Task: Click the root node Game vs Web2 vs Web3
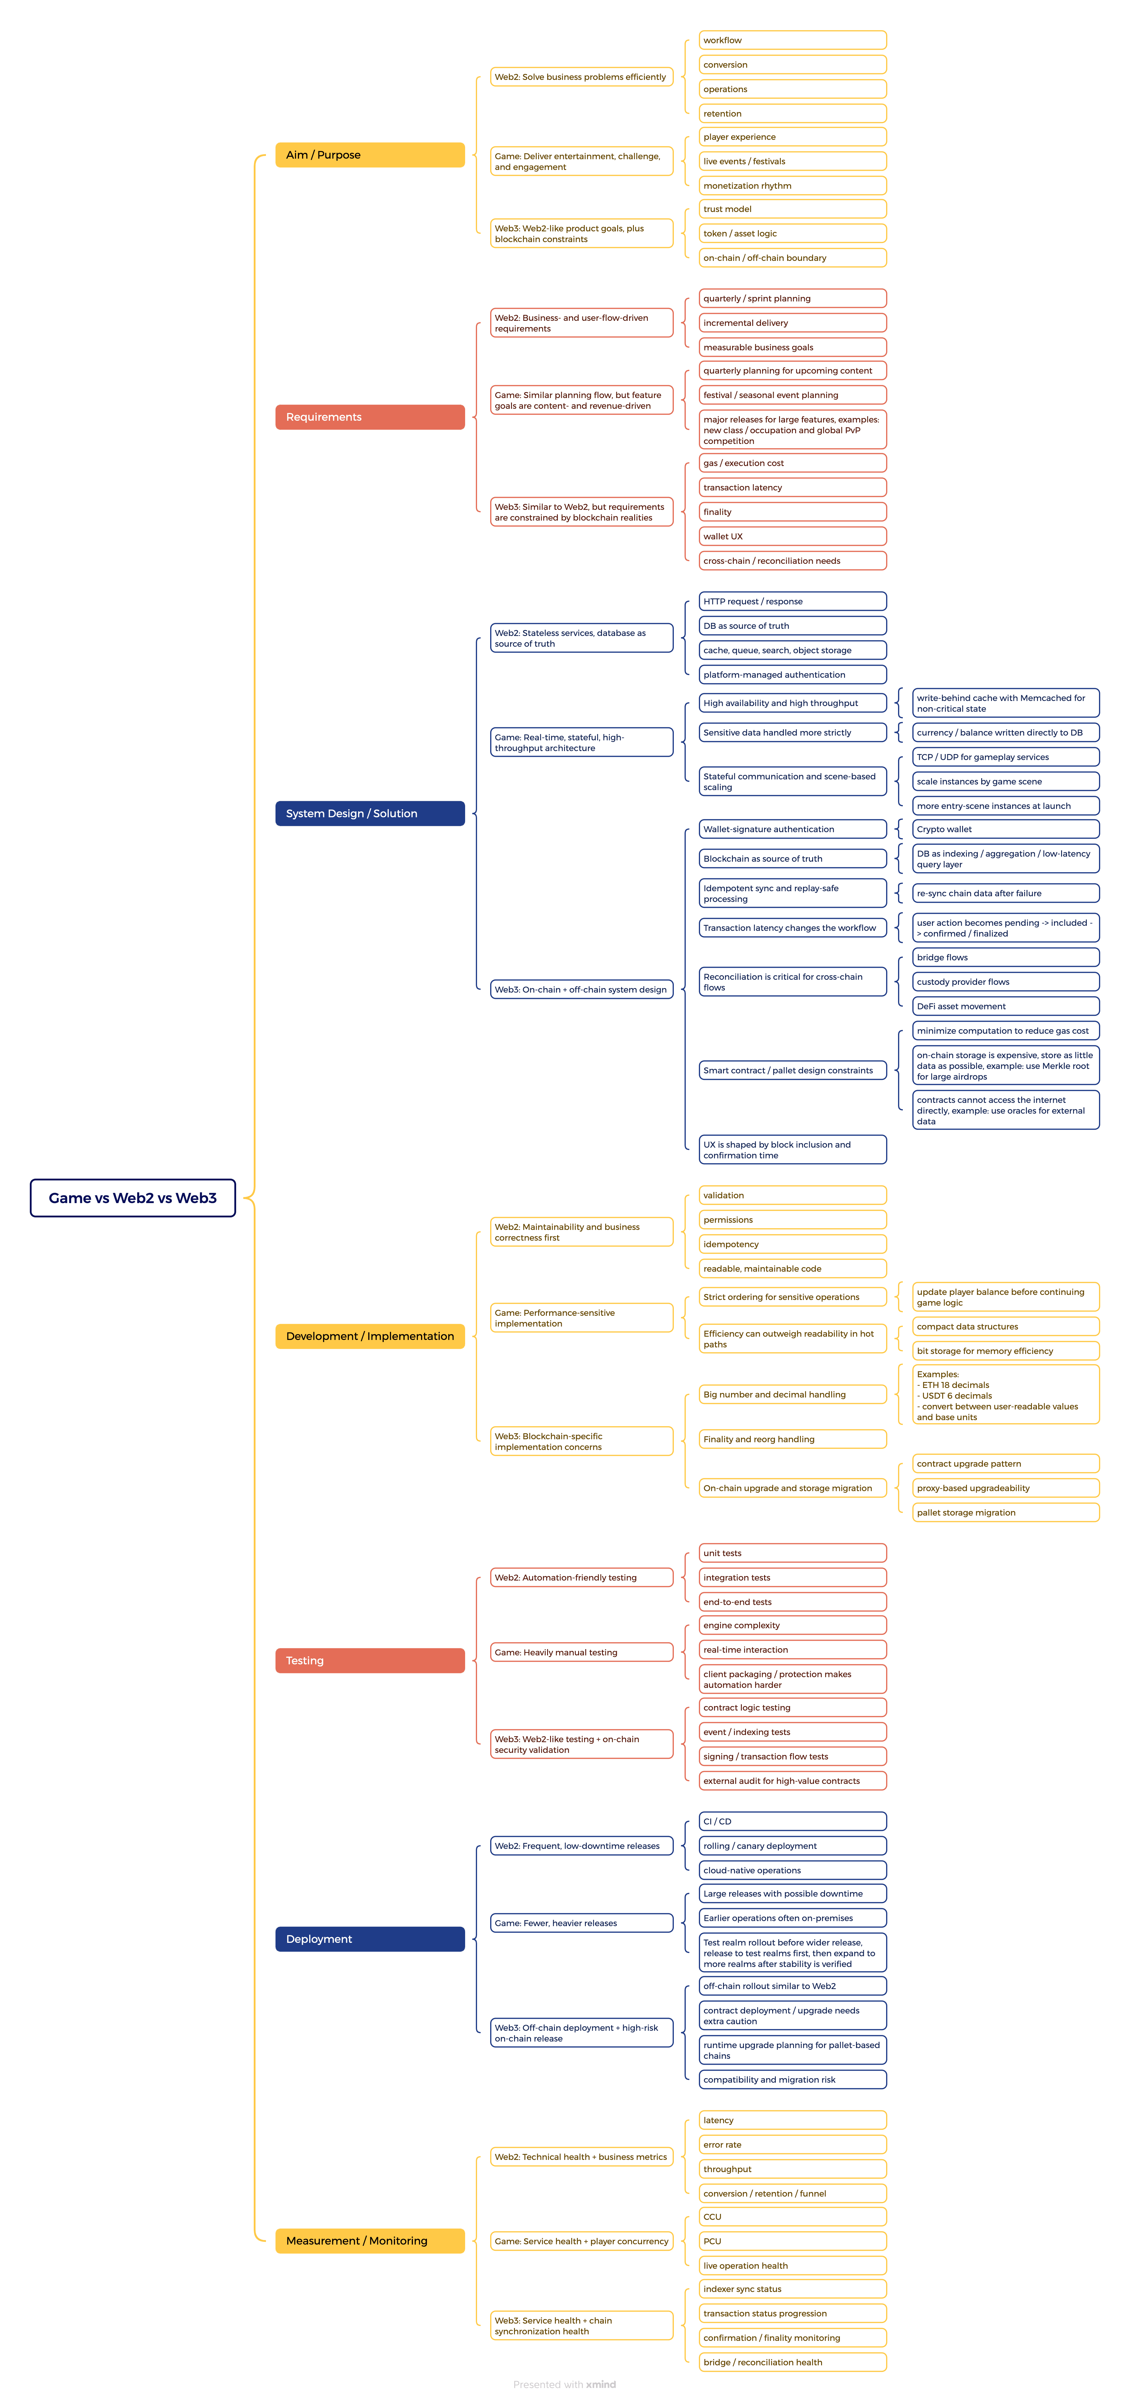(x=132, y=1197)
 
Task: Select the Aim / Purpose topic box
(x=369, y=155)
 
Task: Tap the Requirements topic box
(x=369, y=417)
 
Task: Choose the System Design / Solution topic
(x=369, y=813)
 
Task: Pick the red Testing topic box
(x=369, y=1660)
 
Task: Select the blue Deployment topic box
(x=369, y=1939)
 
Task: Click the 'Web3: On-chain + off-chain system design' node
(x=581, y=989)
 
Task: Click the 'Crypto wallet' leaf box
(x=1005, y=829)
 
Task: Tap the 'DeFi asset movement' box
(x=1005, y=1006)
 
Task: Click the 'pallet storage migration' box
(x=1005, y=1513)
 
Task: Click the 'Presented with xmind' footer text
(x=564, y=2384)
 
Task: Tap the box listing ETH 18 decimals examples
(x=1005, y=1395)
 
